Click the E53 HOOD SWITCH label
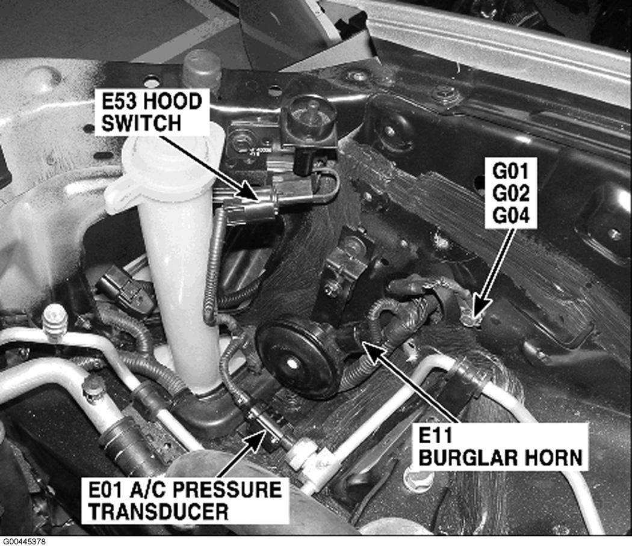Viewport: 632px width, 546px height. (x=152, y=112)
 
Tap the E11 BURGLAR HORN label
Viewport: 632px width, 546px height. (x=501, y=447)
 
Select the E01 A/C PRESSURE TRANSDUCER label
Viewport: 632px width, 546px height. (x=185, y=501)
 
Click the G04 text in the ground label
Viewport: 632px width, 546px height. (x=510, y=216)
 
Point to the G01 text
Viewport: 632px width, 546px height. (x=510, y=171)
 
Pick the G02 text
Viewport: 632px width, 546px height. (x=510, y=193)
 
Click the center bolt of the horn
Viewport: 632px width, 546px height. (x=291, y=364)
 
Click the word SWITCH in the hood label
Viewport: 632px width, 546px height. (x=141, y=123)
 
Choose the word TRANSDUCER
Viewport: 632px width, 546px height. (x=158, y=512)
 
